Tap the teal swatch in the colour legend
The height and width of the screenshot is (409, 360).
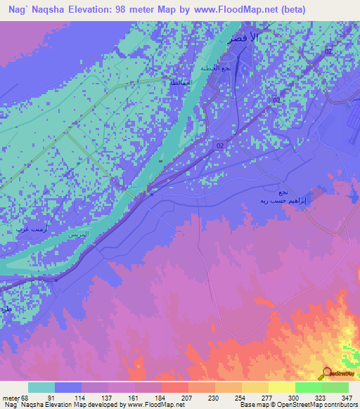click(x=41, y=387)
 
